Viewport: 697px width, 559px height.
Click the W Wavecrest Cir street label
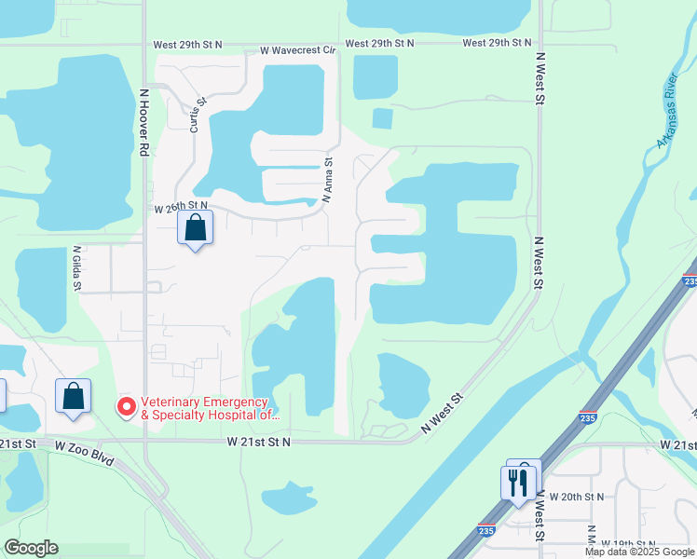pyautogui.click(x=297, y=49)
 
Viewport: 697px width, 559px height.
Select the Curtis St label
pyautogui.click(x=198, y=116)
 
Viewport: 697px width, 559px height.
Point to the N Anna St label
pyautogui.click(x=328, y=179)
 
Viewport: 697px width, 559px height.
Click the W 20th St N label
pyautogui.click(x=576, y=497)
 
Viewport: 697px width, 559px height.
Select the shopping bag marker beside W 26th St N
pyautogui.click(x=195, y=227)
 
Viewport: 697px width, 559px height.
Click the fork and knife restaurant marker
pyautogui.click(x=519, y=483)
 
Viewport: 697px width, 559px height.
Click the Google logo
pyautogui.click(x=31, y=548)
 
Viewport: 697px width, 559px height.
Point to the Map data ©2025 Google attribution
pyautogui.click(x=640, y=552)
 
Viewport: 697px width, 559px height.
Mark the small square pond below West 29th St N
pyautogui.click(x=382, y=118)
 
